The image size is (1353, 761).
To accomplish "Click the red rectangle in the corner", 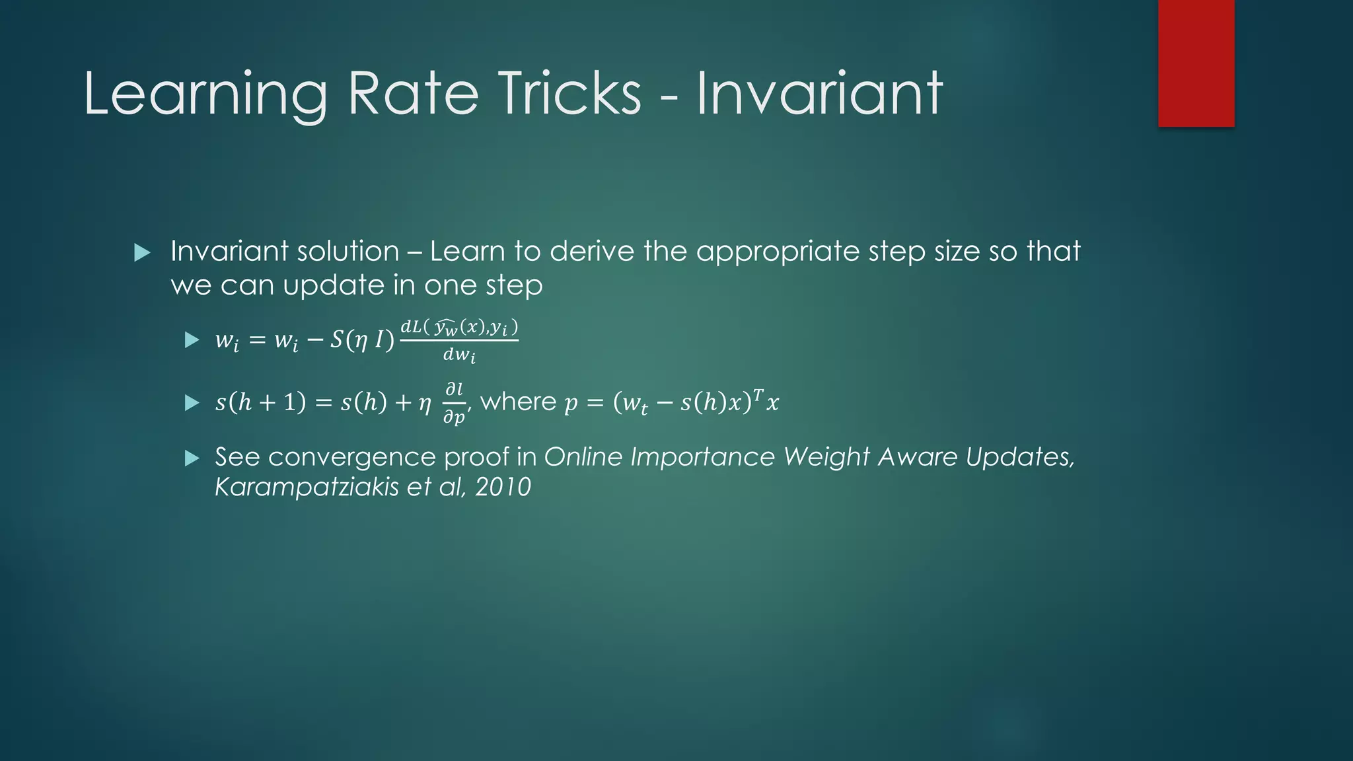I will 1196,63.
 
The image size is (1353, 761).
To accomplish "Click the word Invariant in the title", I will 819,94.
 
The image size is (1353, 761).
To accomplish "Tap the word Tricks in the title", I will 569,94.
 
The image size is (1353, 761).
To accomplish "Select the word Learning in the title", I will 205,94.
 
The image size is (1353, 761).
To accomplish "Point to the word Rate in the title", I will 413,94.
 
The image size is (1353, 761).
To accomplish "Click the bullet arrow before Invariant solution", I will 142,252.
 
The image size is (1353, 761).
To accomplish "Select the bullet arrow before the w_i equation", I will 192,340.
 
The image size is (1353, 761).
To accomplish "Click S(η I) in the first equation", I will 362,340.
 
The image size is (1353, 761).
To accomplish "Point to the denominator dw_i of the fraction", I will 459,356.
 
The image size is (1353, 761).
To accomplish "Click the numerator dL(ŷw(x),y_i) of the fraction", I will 459,328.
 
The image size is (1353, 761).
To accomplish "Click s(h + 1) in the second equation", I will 260,402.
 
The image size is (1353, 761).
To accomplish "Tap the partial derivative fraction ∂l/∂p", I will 455,402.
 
